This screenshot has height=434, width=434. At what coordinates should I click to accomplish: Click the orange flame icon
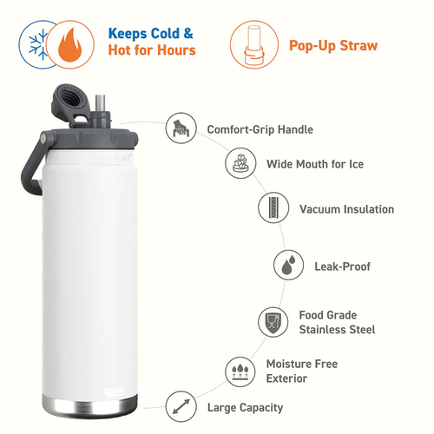[69, 45]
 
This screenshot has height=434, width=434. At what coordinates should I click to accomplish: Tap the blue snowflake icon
[38, 44]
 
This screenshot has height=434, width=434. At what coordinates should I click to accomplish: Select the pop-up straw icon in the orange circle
[253, 45]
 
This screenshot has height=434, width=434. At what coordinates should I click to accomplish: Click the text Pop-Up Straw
[333, 46]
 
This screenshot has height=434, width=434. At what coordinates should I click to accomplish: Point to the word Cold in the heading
[165, 33]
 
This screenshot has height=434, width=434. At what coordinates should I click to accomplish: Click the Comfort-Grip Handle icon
[181, 128]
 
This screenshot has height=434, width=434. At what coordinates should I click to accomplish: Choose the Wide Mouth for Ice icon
[240, 163]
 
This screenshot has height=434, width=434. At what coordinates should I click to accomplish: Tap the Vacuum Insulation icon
[273, 207]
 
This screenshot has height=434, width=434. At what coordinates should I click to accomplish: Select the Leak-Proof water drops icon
[288, 265]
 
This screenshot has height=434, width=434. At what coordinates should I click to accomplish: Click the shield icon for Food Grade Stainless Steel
[273, 322]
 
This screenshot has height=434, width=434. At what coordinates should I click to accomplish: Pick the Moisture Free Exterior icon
[240, 372]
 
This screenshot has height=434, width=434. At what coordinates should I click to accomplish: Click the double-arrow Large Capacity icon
[181, 406]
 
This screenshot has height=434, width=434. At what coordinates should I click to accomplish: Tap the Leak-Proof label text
[342, 266]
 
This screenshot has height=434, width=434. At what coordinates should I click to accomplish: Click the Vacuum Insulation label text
[346, 209]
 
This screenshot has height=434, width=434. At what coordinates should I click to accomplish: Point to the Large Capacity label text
[245, 408]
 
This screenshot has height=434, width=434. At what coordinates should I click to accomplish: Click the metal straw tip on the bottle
[100, 103]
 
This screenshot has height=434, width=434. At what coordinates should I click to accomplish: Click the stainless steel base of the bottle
[90, 406]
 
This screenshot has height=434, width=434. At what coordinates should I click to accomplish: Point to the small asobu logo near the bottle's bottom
[114, 391]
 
